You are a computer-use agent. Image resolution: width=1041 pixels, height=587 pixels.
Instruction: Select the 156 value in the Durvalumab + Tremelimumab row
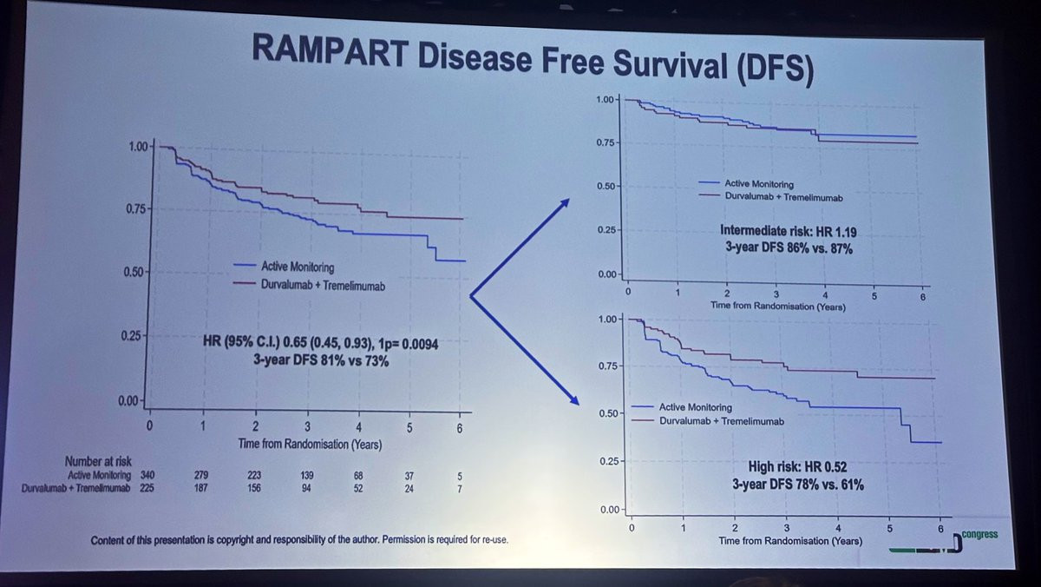255,489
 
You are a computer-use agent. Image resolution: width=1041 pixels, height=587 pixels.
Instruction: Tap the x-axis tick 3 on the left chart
307,426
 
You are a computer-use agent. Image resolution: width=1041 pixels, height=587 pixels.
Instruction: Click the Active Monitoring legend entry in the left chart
298,267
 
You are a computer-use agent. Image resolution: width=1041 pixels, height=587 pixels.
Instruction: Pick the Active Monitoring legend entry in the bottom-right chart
695,407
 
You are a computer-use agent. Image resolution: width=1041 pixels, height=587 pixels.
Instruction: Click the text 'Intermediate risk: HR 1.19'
783,230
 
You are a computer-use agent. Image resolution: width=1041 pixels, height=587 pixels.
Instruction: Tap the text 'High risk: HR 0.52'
797,467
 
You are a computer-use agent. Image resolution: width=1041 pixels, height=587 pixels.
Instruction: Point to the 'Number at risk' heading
98,461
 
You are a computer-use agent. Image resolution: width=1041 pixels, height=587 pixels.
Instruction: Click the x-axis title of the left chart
310,443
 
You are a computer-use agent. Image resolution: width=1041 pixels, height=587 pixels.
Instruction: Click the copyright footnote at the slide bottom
299,540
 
